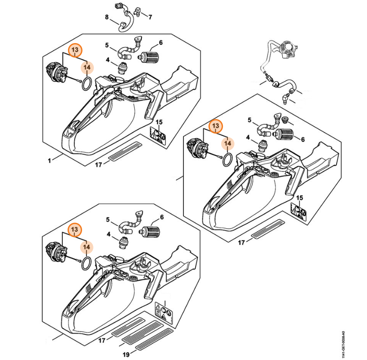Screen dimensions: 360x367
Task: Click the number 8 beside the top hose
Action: tap(107, 17)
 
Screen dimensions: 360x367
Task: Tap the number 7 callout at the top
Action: tap(150, 18)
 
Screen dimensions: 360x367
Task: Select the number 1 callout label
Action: tap(49, 160)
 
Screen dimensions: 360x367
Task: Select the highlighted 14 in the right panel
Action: tap(227, 143)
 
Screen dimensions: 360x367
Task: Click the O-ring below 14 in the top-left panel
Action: tap(87, 83)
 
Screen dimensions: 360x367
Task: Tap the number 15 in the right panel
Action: tap(300, 198)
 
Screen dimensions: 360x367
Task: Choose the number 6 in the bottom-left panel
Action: tap(162, 217)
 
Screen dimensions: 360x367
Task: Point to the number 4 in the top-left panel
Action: tap(108, 60)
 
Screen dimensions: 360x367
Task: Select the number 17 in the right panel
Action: tap(241, 242)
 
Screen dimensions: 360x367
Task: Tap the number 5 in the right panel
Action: tap(249, 120)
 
